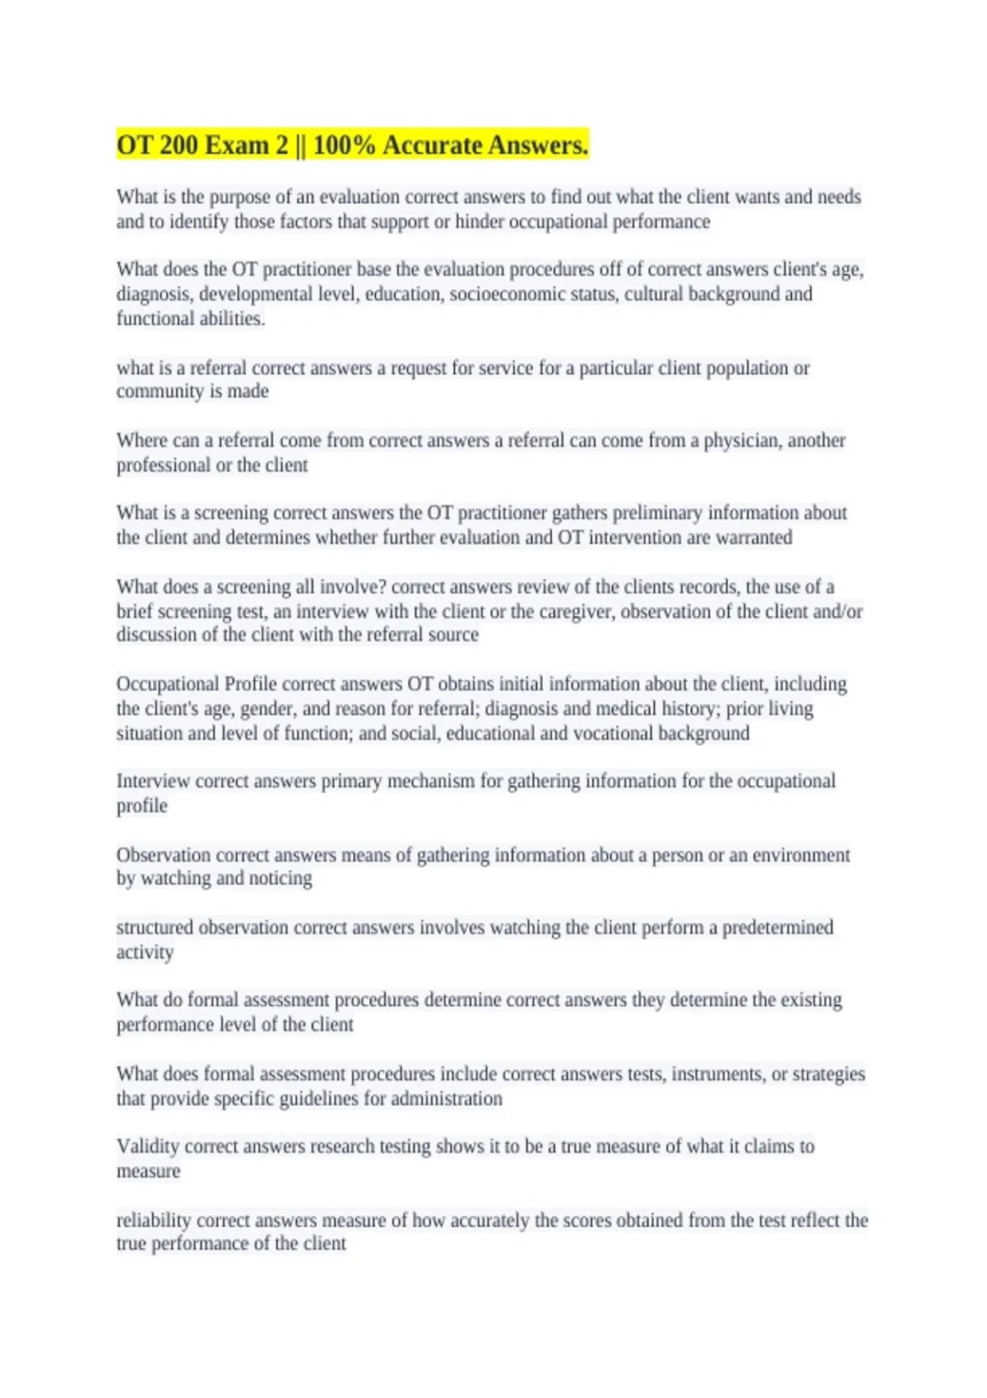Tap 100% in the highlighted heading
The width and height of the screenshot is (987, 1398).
[x=344, y=146]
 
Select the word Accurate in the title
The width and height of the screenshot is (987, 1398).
[x=433, y=146]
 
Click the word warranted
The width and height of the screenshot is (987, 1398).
[x=753, y=538]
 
